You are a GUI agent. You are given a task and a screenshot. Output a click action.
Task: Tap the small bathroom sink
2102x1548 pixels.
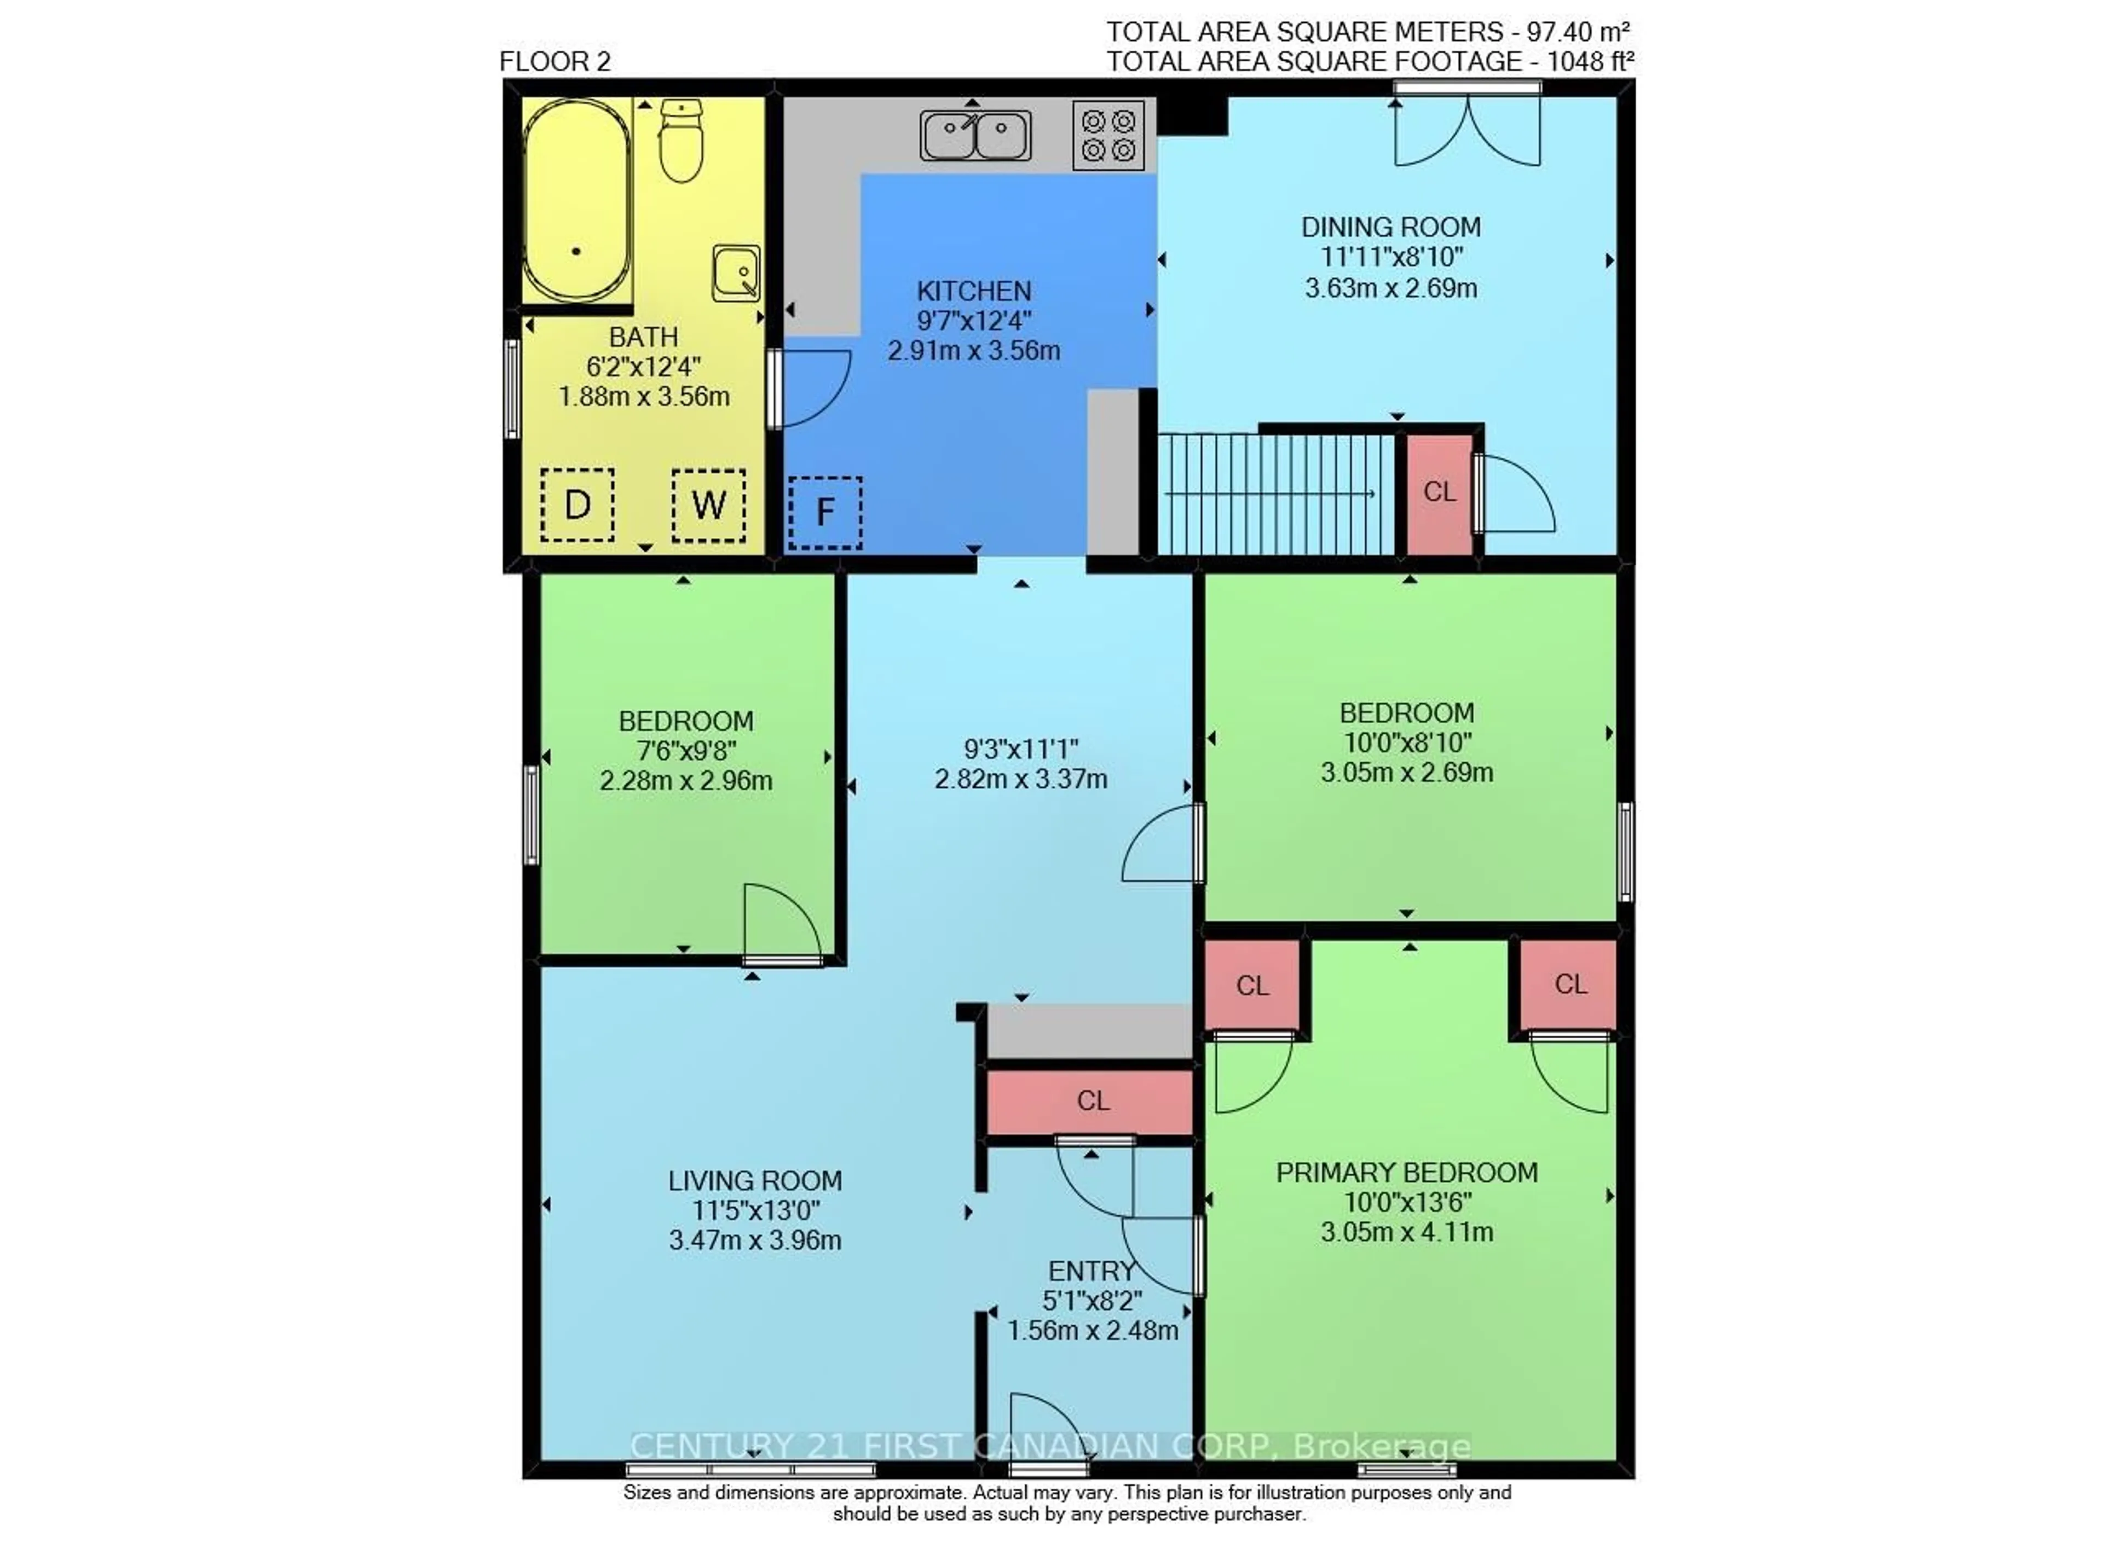[x=736, y=273]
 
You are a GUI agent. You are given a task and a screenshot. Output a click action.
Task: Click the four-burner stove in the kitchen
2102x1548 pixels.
[x=1108, y=135]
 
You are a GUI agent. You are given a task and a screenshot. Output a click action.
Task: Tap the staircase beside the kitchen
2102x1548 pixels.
[x=1274, y=494]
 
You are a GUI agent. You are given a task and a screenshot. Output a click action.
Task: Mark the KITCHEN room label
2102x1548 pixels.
[x=974, y=292]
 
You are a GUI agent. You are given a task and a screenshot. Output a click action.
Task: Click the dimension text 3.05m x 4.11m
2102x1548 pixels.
[x=1406, y=1232]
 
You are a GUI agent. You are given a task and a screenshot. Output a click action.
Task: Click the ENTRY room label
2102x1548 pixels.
[x=1091, y=1272]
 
